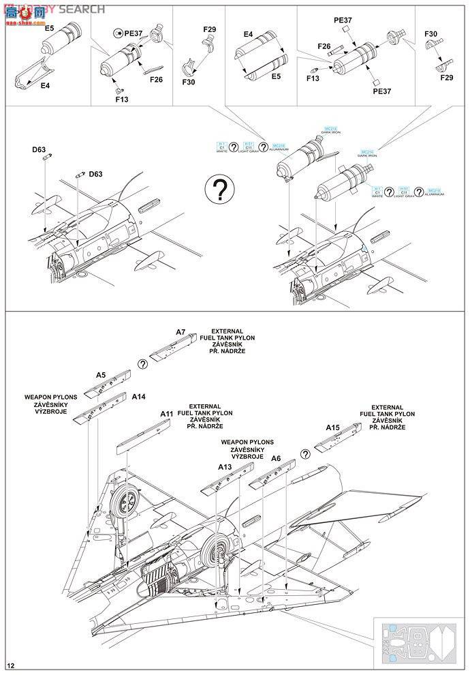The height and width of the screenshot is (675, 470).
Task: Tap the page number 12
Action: (10, 665)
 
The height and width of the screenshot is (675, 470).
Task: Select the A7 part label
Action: (181, 332)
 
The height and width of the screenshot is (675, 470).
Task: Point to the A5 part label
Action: (100, 375)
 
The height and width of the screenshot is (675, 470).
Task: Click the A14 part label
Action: (138, 397)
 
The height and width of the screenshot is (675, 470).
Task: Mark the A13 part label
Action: (225, 467)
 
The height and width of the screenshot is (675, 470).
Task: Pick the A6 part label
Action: (276, 458)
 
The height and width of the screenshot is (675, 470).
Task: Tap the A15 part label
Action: (332, 427)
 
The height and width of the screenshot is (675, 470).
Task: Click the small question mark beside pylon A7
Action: (142, 364)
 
